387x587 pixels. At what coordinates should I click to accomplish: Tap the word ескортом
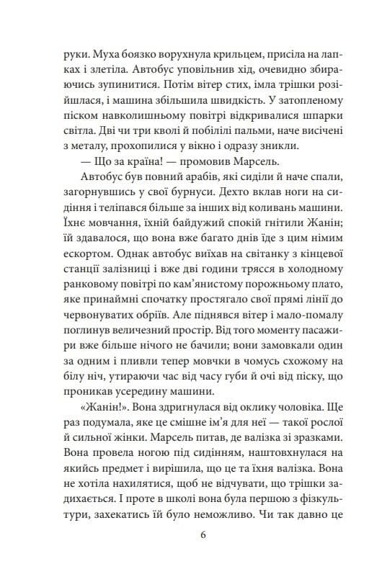click(x=83, y=278)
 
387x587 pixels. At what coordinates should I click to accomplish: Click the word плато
click(x=318, y=315)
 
